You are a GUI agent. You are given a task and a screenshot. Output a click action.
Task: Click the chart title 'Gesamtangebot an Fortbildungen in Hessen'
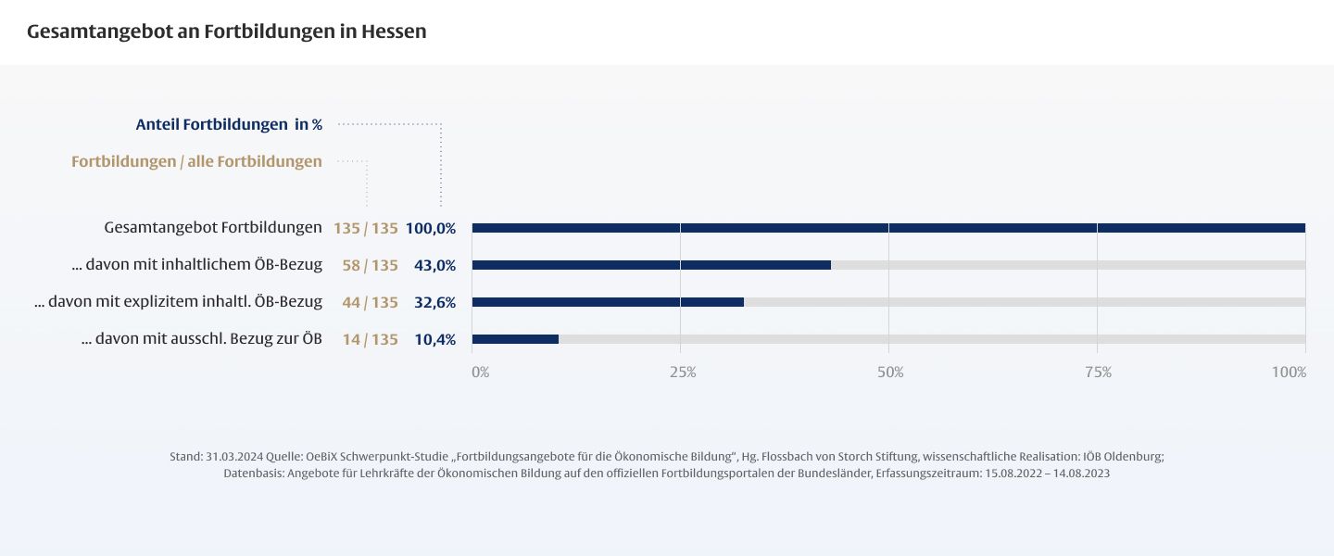[227, 32]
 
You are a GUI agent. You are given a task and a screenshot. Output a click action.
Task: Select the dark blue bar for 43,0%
[651, 265]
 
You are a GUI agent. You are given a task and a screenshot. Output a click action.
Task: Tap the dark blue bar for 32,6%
[608, 302]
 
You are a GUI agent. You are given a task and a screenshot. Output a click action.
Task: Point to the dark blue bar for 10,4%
[515, 339]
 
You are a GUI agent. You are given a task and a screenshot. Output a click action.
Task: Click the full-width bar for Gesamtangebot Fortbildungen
[888, 228]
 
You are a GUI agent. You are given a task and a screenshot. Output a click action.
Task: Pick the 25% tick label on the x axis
[683, 373]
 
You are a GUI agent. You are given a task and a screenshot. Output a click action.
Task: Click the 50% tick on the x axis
[890, 373]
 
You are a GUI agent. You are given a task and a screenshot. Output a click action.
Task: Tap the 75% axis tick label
[1098, 373]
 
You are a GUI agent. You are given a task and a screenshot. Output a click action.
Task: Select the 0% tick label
[480, 373]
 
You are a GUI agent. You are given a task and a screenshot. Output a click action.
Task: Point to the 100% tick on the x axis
[1289, 373]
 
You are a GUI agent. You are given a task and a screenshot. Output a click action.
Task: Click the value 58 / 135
[370, 266]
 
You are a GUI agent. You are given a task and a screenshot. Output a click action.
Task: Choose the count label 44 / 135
[370, 303]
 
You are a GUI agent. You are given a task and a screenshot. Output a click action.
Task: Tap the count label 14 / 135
[370, 340]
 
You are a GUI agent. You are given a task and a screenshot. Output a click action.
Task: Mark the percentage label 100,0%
[431, 229]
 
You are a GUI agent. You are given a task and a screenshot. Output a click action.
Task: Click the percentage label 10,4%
[434, 340]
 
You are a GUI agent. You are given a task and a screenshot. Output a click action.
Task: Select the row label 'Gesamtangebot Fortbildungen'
[213, 227]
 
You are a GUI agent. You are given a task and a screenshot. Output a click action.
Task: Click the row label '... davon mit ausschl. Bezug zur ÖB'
[202, 338]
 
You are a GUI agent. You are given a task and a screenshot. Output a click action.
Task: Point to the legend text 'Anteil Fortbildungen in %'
[229, 124]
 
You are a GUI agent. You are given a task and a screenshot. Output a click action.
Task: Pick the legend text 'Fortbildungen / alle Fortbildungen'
[196, 161]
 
